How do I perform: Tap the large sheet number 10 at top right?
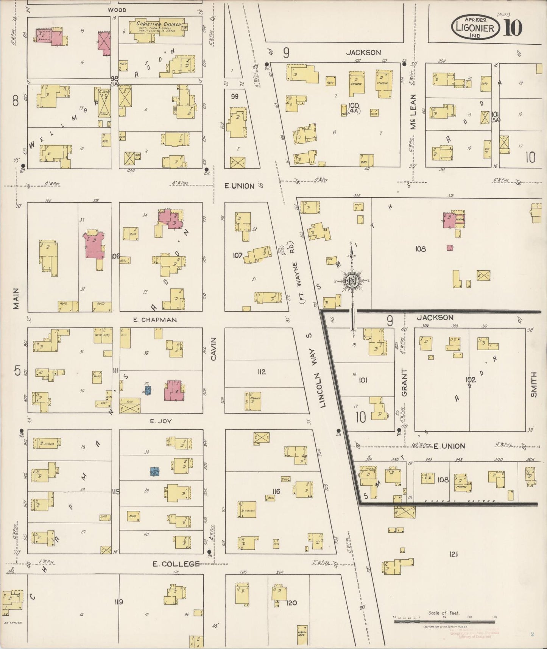(513, 28)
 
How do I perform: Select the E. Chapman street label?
(155, 320)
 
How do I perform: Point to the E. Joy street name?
(161, 421)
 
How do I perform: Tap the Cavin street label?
(213, 349)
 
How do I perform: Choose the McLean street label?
(413, 112)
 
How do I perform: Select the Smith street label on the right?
(534, 384)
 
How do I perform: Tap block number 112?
(262, 372)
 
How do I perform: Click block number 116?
(276, 491)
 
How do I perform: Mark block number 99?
(235, 97)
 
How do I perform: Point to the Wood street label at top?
(117, 10)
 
